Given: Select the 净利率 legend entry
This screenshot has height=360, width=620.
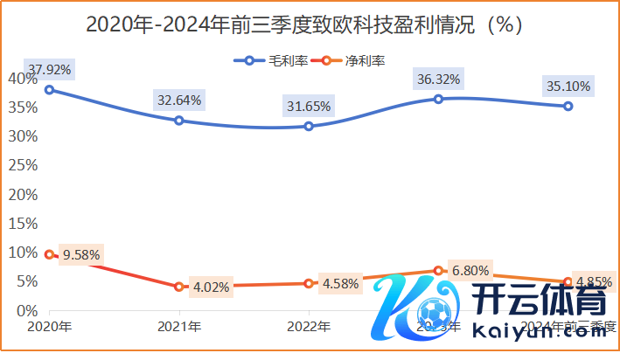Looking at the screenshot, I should click(x=353, y=60).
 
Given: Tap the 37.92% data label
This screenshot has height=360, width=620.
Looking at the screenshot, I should click(x=50, y=67).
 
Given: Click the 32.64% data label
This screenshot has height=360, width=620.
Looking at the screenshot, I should click(x=178, y=100).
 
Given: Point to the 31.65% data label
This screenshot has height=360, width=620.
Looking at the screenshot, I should click(x=308, y=107).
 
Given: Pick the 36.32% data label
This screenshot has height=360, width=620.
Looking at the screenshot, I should click(x=438, y=80).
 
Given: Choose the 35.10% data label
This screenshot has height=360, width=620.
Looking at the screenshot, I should click(x=567, y=87).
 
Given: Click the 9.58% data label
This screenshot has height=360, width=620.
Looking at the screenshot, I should click(x=80, y=255).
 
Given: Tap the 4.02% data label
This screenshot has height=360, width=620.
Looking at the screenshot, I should click(x=211, y=287).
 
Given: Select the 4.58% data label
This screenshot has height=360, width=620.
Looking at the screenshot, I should click(x=340, y=283).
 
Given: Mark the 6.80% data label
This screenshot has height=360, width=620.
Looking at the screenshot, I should click(x=469, y=270).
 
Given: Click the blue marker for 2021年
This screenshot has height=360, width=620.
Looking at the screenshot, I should click(x=179, y=121).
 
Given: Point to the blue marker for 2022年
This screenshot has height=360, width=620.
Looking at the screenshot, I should click(x=309, y=126).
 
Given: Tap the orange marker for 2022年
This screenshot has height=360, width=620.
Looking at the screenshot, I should click(x=309, y=283).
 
